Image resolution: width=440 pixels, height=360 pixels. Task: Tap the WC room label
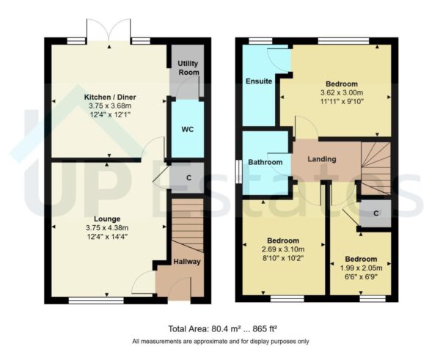coord(186,130)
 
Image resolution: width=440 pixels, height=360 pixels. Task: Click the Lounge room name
coord(107,218)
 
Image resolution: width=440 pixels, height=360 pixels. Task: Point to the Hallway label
coord(187,262)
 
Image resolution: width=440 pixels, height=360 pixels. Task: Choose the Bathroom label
coord(265,162)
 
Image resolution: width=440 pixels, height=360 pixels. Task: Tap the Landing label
coord(322,159)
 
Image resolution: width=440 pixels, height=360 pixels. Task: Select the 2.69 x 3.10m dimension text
coord(282,250)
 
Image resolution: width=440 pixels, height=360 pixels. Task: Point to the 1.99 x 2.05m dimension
coord(361,268)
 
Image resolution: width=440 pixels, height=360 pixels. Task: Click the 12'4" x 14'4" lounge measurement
coord(107,237)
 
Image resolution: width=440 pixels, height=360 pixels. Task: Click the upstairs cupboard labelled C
coord(375,213)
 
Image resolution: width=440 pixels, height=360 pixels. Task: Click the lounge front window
coord(87,300)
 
